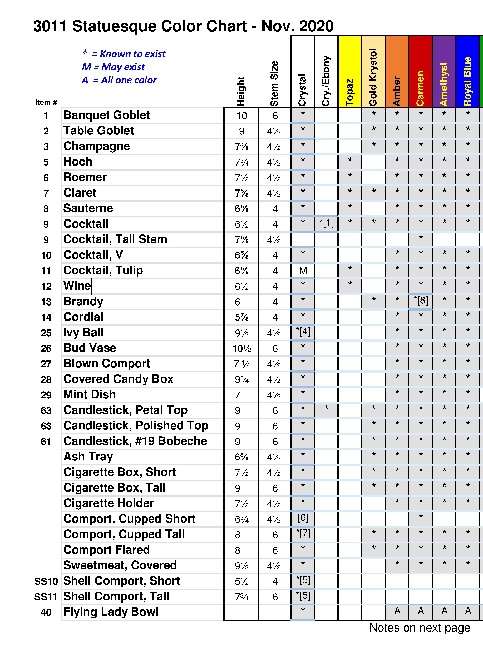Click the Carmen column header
(420, 88)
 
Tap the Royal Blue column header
(467, 81)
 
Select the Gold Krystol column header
(373, 77)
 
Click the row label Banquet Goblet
(107, 115)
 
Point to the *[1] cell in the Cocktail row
(326, 223)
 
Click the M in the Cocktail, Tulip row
(303, 271)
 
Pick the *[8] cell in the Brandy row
(421, 301)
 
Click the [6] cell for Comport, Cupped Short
(303, 518)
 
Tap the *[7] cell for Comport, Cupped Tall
(303, 534)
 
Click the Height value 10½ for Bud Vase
(242, 348)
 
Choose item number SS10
(46, 581)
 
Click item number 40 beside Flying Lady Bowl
(46, 612)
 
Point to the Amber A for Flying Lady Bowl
(397, 611)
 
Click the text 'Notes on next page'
(419, 628)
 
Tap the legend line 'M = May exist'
(114, 67)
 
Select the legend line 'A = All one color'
(119, 80)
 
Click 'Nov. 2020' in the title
(297, 26)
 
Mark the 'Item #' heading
(46, 102)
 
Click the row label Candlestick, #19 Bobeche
(135, 441)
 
